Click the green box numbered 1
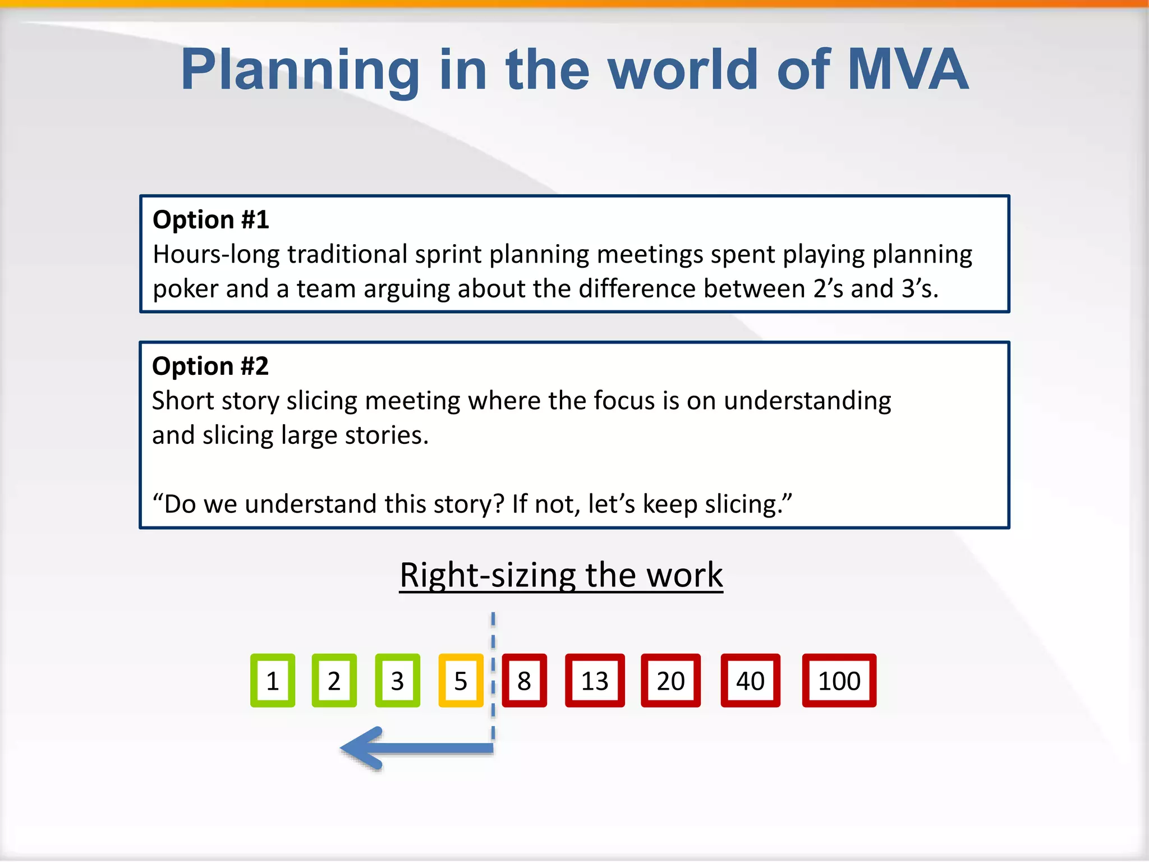(273, 680)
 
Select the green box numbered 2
(334, 680)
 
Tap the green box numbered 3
(397, 680)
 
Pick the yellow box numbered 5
(461, 680)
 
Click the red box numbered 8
(524, 680)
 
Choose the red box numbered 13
(595, 680)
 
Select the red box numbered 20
(670, 680)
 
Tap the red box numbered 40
(750, 680)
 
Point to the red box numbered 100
(839, 680)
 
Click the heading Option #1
(211, 219)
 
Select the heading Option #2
(210, 366)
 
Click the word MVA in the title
(908, 70)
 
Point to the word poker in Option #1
(185, 290)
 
